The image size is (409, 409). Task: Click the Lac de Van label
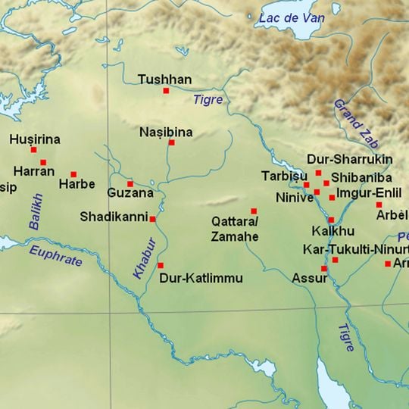coord(289,17)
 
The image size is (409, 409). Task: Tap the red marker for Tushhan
coord(166,91)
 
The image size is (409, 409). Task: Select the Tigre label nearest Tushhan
coord(208,99)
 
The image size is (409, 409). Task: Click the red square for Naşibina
coord(171,142)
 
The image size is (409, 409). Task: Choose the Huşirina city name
coord(35,139)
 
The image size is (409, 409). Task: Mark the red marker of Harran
coord(43,162)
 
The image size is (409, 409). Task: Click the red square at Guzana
coord(130,183)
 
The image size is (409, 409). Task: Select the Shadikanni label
coord(113,217)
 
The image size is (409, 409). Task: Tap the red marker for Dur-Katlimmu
coord(160,265)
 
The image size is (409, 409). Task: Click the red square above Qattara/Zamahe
coord(254,211)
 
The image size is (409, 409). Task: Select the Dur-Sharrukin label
coord(349,160)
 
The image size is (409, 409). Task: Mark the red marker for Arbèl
coord(379,204)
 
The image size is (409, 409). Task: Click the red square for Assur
coord(323,268)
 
